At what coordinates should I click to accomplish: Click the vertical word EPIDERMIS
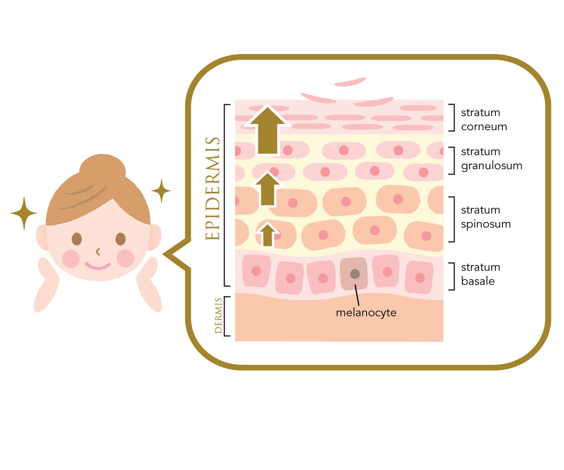[212, 188]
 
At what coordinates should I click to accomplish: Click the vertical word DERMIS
[218, 315]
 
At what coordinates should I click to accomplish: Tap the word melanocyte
[366, 313]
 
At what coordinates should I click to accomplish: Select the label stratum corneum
[484, 119]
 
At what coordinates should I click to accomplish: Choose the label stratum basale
[480, 274]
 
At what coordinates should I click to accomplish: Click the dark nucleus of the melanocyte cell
[355, 274]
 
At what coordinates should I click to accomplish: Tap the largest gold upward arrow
[267, 130]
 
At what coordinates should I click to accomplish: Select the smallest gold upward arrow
[267, 235]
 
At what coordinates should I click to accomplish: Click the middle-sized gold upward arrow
[267, 189]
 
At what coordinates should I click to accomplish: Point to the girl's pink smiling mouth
[98, 266]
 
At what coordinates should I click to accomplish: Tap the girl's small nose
[98, 252]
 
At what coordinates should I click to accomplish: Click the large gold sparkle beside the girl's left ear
[24, 213]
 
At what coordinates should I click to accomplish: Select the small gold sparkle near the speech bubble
[161, 191]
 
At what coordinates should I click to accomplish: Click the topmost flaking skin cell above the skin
[350, 82]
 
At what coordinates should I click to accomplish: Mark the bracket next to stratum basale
[452, 276]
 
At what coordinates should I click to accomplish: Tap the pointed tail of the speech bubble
[163, 254]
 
